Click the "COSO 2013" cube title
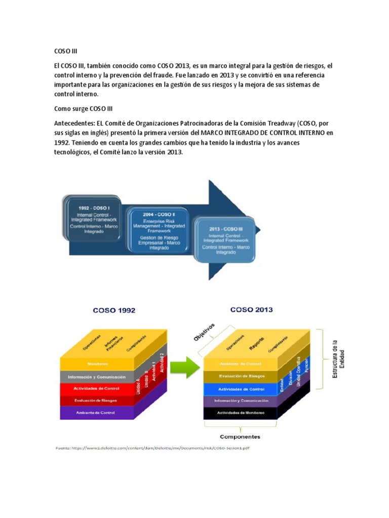tap(251, 309)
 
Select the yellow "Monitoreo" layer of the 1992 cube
tap(98, 364)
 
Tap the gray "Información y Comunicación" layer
tap(98, 376)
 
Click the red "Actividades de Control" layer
tap(98, 388)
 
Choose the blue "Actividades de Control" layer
tap(241, 389)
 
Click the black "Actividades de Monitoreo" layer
tap(241, 413)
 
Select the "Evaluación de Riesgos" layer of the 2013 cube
tap(241, 376)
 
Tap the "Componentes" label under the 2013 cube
tap(240, 436)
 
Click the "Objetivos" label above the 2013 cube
tap(206, 332)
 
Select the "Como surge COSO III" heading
tap(80, 109)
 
